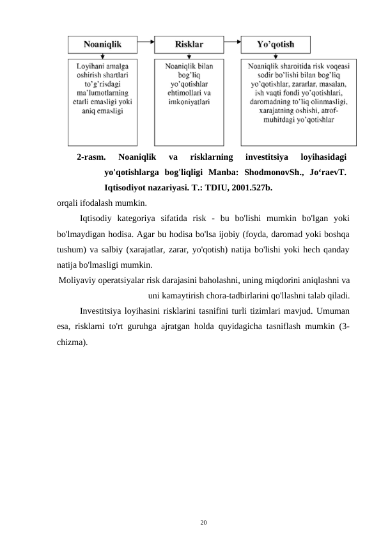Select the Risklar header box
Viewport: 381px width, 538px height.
[x=189, y=45]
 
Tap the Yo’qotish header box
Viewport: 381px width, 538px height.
[x=276, y=45]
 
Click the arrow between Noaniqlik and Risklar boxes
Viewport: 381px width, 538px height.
[x=147, y=45]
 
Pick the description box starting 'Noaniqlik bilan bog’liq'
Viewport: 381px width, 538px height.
[x=189, y=103]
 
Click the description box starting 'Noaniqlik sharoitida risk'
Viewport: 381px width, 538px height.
[x=299, y=103]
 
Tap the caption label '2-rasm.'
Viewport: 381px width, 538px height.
[x=91, y=157]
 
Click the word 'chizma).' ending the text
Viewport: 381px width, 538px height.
[x=72, y=342]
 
